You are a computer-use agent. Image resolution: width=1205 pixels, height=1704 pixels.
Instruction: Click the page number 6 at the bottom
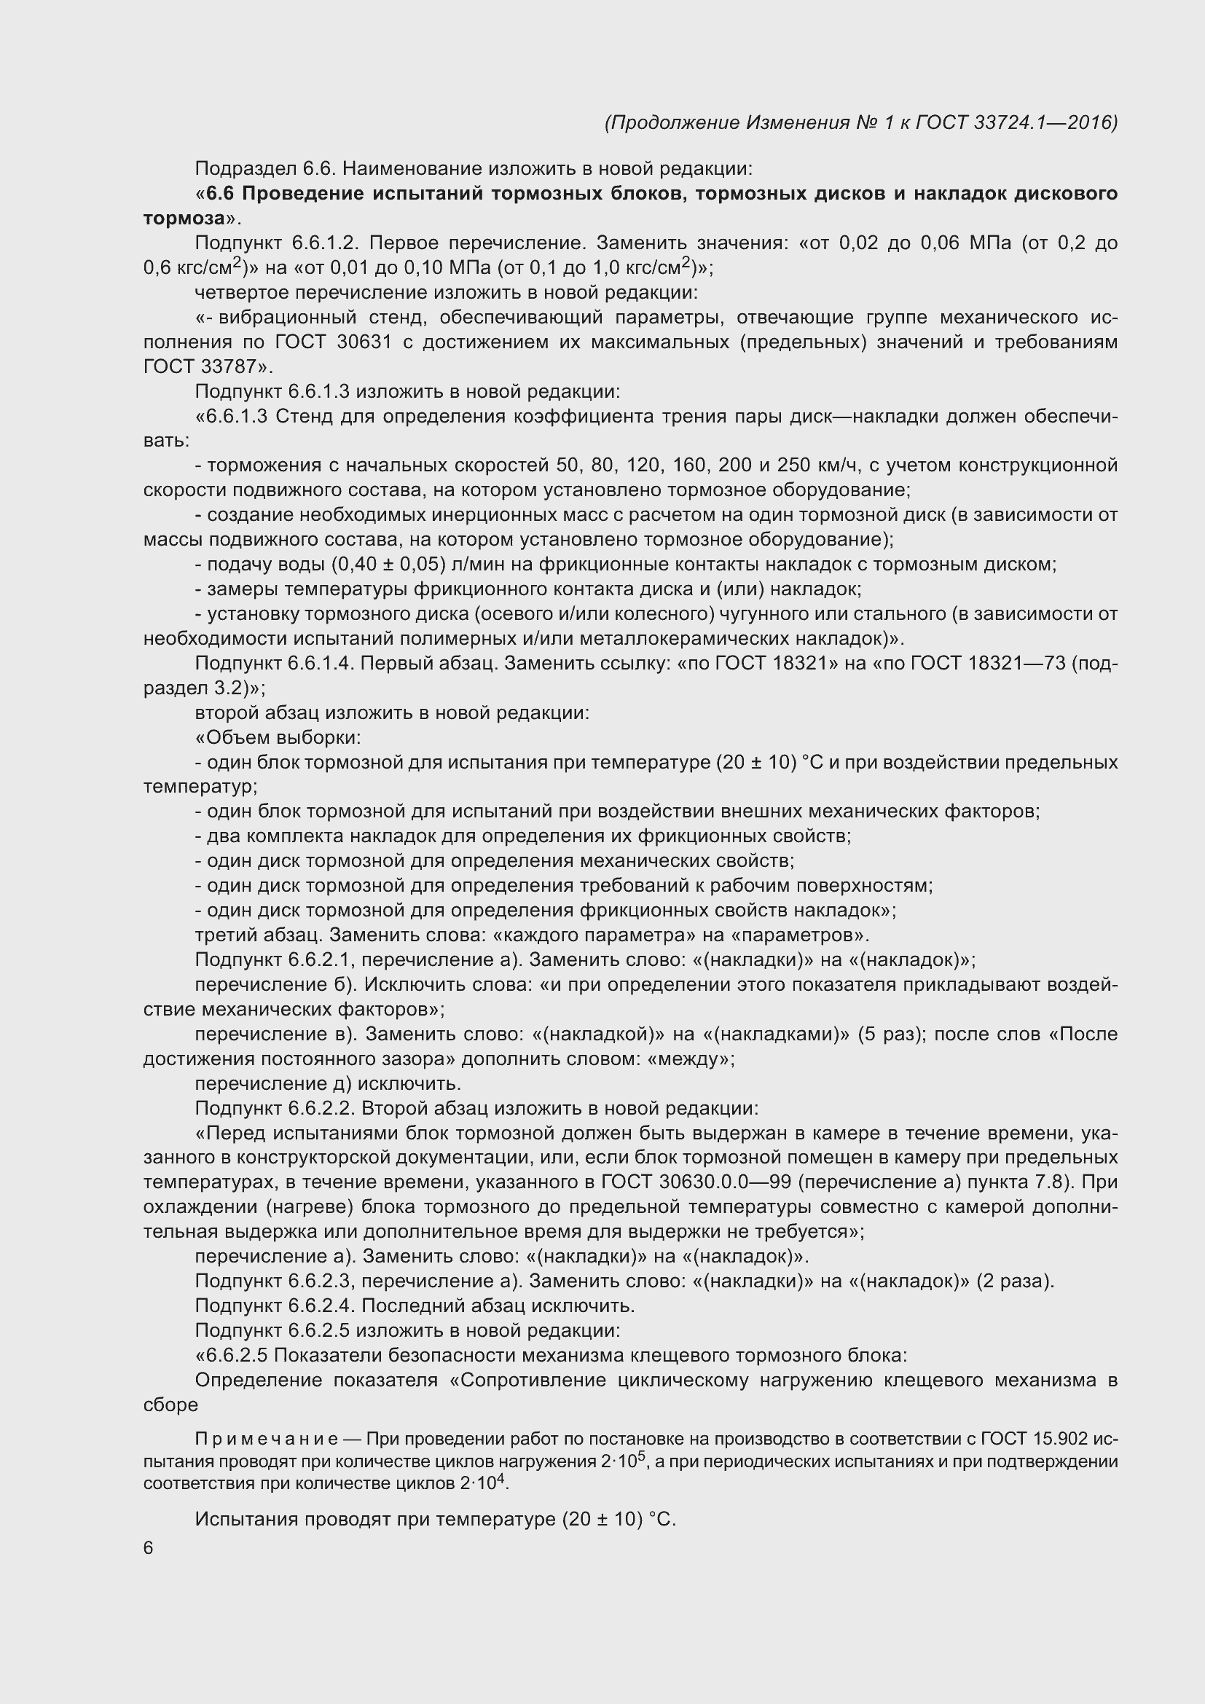click(x=149, y=1548)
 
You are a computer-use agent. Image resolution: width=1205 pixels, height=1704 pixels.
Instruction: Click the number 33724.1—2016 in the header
click(x=1043, y=122)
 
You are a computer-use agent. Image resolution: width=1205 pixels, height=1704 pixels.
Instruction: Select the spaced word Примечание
click(x=267, y=1439)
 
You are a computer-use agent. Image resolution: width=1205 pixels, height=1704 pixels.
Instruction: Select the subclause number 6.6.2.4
click(x=323, y=1306)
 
